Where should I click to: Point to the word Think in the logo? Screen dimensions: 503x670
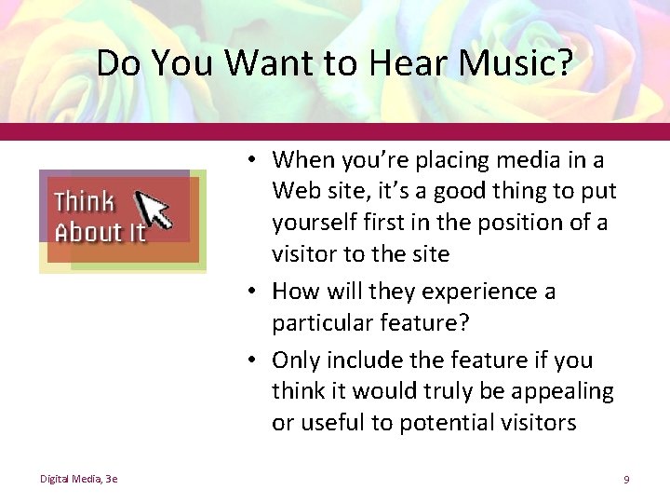coord(84,201)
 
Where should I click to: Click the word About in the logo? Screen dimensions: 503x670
coord(88,232)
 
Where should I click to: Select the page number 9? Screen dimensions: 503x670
coord(626,479)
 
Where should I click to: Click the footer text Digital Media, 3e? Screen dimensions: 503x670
coord(78,479)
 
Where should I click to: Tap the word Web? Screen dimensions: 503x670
coord(295,192)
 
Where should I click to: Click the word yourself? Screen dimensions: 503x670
coord(314,224)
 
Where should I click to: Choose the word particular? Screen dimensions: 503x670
coord(322,323)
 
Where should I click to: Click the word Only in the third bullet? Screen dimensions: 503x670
coord(297,360)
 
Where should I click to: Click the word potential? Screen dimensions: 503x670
coord(445,423)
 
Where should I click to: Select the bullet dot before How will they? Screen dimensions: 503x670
coord(253,292)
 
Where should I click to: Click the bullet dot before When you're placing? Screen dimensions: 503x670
coord(253,161)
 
